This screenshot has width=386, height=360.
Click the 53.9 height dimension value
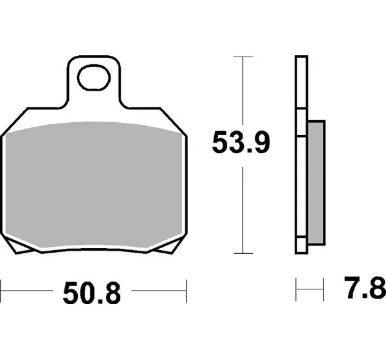(x=241, y=142)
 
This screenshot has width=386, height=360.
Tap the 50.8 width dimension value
(x=92, y=293)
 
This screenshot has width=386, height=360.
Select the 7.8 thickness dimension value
(x=365, y=287)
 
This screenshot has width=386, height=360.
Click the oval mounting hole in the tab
(x=94, y=78)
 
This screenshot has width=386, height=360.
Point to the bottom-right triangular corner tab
(x=170, y=246)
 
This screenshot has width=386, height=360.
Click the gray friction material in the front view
(x=94, y=184)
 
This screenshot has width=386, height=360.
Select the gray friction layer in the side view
(x=316, y=183)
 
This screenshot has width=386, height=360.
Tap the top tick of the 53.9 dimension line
(x=243, y=57)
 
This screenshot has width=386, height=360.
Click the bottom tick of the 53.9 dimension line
(x=243, y=253)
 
